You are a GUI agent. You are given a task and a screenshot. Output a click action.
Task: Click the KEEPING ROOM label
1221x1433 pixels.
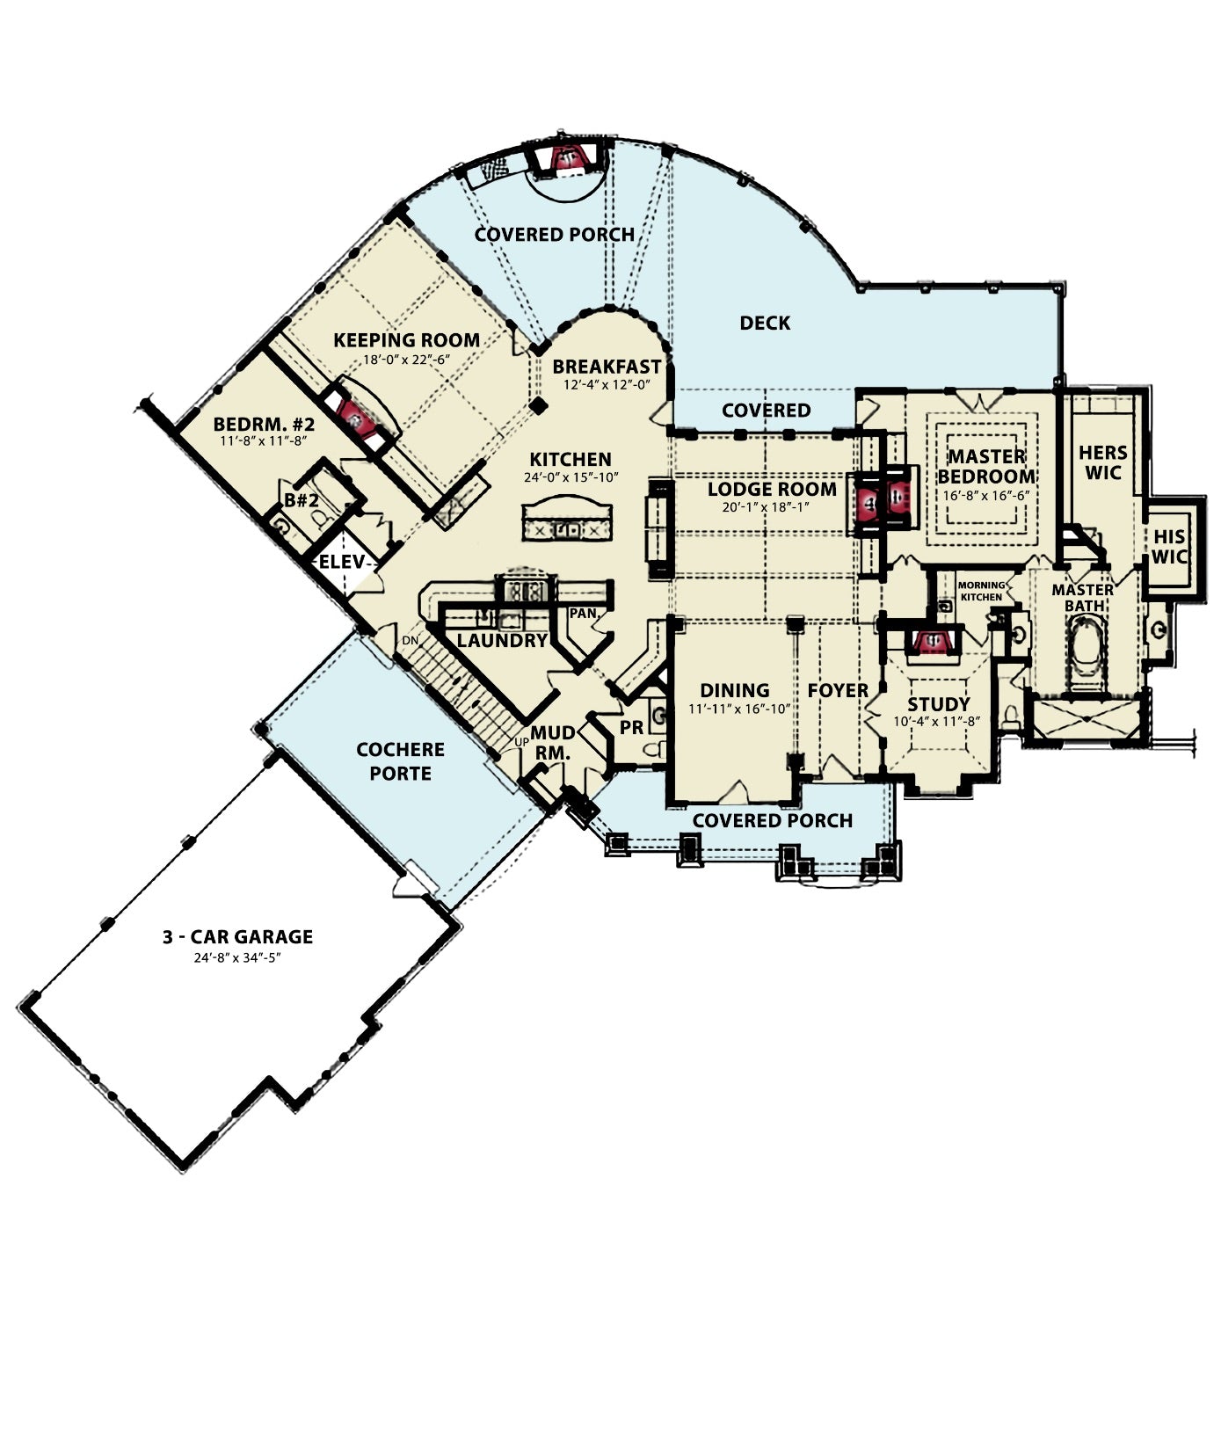(406, 339)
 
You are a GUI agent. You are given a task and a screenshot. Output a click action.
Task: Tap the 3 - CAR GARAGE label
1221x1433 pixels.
(237, 937)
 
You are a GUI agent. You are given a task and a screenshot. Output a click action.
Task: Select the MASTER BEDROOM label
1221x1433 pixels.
(987, 466)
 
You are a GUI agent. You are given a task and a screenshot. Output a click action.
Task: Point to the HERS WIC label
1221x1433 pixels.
(1103, 462)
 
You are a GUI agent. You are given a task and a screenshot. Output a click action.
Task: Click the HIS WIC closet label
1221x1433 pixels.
(1169, 546)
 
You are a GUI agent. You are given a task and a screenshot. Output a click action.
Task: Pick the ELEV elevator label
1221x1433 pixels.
(341, 561)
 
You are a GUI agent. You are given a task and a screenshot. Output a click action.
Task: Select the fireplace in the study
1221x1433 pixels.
(929, 641)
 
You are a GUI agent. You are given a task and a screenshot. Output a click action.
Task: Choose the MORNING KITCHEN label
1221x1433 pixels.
(981, 591)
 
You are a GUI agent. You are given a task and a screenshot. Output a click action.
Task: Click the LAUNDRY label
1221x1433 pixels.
(502, 641)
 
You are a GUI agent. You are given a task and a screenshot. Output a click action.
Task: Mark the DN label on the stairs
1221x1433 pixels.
(410, 641)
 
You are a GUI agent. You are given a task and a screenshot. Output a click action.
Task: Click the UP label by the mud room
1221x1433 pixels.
(521, 742)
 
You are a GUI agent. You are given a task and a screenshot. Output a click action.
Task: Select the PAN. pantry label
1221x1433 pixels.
(584, 613)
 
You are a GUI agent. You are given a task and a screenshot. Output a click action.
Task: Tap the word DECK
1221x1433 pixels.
(765, 323)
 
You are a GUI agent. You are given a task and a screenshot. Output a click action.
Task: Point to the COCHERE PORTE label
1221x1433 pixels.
(400, 761)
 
